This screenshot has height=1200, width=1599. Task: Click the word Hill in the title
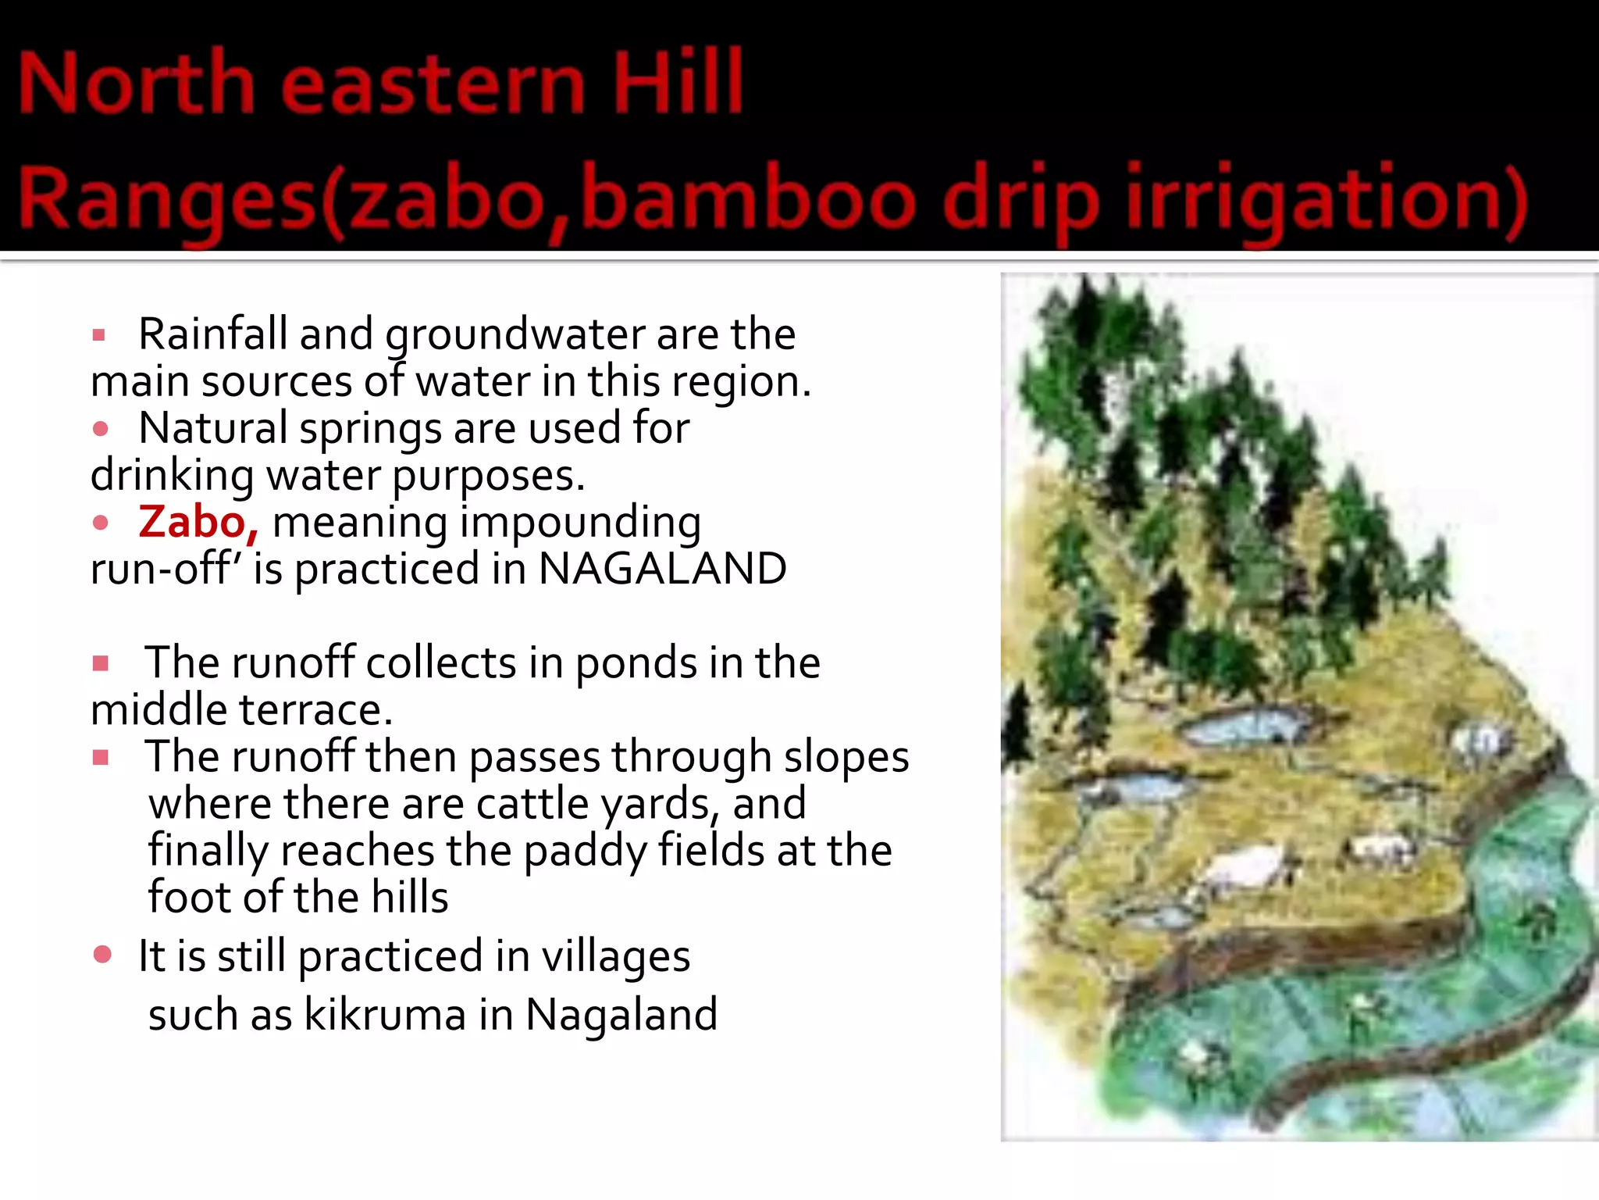678,81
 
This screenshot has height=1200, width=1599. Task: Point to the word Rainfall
213,334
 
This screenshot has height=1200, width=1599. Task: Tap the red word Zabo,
198,521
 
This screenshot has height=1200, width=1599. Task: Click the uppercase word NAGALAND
662,568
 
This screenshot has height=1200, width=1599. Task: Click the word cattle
532,803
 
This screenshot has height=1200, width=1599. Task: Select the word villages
615,956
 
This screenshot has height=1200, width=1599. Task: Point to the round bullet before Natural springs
100,429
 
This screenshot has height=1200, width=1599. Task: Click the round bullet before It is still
102,954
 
